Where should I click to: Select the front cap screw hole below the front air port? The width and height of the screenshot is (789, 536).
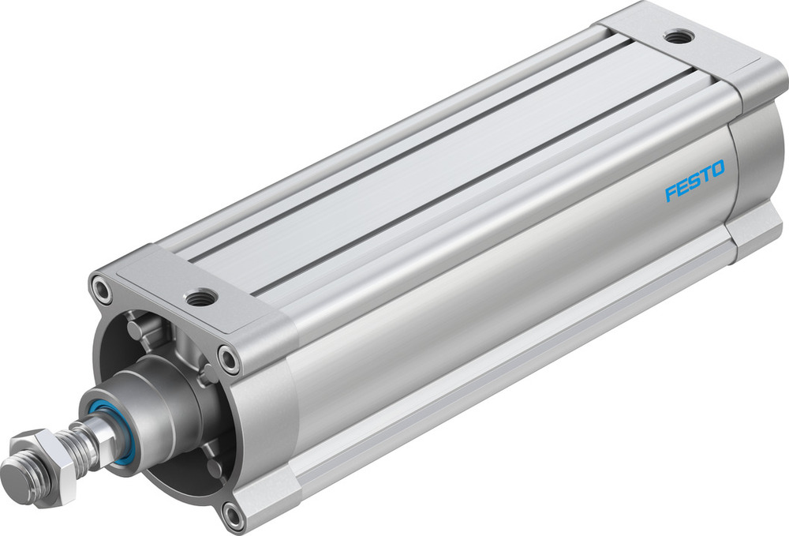[229, 360]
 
